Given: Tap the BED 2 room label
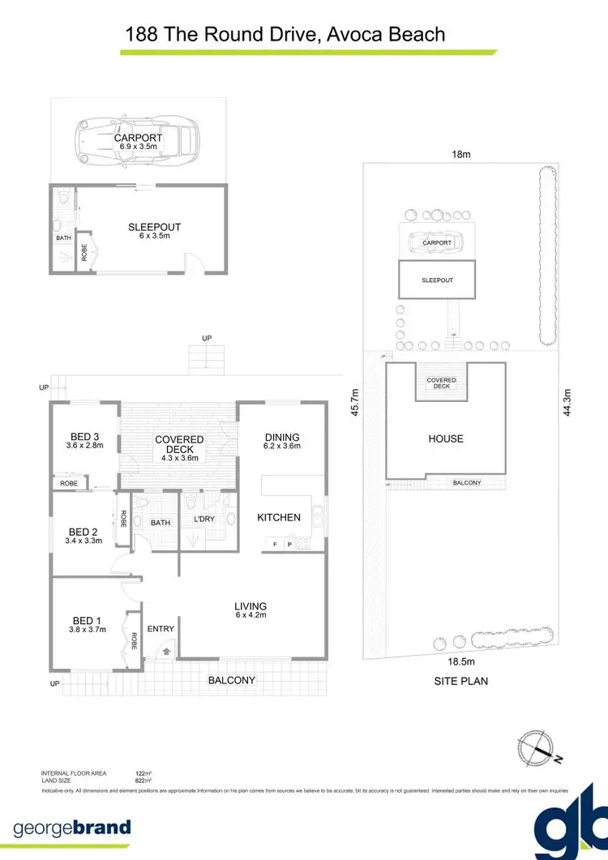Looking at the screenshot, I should pos(83,533).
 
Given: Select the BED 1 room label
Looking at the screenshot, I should pos(88,620).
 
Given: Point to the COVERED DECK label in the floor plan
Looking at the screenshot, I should pos(179,445).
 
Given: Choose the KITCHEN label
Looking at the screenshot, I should pos(279,517).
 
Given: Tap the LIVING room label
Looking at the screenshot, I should pos(250,606).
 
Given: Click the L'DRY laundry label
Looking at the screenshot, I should pos(203,520).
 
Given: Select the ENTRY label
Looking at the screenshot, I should pos(161,628).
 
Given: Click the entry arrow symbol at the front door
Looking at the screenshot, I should pos(167,649).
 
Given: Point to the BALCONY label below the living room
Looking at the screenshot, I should pos(232,681).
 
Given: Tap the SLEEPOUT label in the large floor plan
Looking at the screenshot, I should pos(154,227).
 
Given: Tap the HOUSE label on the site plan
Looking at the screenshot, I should pos(446,439).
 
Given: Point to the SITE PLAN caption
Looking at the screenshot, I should pos(461,682).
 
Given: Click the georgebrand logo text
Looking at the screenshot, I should pos(71,828).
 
